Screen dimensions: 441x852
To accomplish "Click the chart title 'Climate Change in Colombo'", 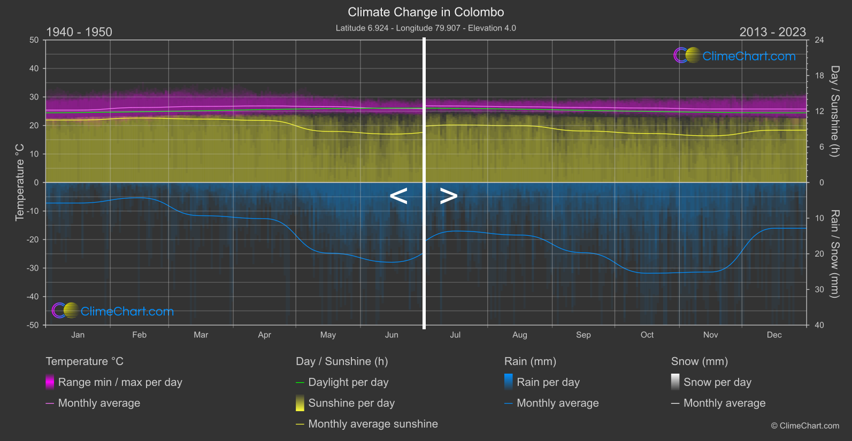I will tap(426, 12).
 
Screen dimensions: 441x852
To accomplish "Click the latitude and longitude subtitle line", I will tap(426, 28).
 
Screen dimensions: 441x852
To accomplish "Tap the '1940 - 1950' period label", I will tap(79, 32).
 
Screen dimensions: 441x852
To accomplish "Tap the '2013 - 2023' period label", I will tap(772, 32).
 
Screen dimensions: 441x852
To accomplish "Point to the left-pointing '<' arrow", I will tap(398, 196).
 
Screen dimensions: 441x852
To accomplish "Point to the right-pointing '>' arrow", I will tap(449, 196).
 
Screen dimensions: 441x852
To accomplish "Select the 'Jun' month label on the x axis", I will tap(392, 335).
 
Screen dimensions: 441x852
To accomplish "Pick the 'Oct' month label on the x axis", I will tap(647, 335).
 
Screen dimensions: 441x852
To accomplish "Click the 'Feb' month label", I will tap(139, 335).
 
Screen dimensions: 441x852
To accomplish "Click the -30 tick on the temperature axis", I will tap(33, 268).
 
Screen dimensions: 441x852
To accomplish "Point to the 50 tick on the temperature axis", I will tap(34, 40).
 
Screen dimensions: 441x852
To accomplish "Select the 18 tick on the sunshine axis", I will tap(819, 76).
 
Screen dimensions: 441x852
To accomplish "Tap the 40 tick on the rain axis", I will tap(819, 325).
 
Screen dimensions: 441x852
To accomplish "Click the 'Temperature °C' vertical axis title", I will tap(20, 182).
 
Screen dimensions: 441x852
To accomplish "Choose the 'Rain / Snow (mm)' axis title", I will tap(834, 253).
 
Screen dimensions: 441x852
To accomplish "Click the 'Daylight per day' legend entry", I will tap(348, 382).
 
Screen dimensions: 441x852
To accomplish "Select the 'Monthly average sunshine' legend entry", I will tap(373, 424).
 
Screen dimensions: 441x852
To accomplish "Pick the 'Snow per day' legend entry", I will tap(717, 382).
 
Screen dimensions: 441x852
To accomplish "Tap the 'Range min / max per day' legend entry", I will tap(120, 382).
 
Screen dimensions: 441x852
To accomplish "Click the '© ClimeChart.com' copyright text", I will tap(805, 425).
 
